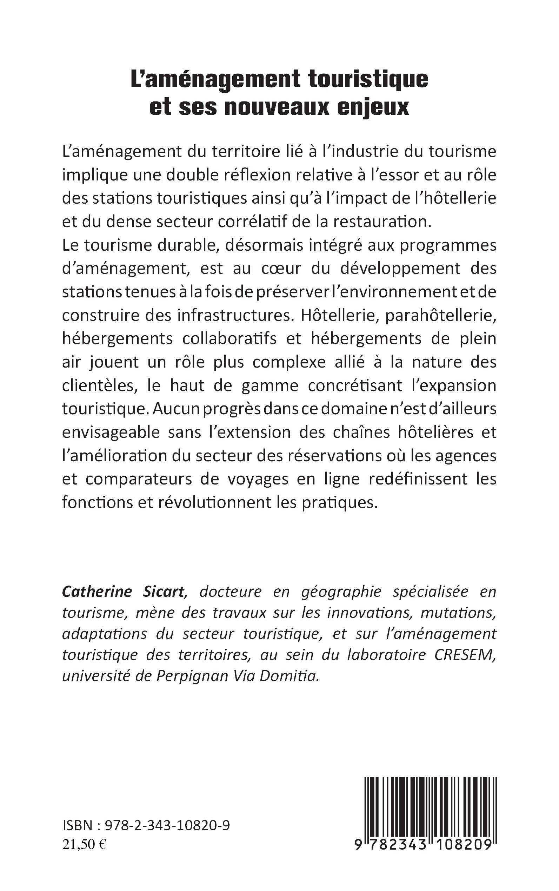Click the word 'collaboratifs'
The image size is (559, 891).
[229, 339]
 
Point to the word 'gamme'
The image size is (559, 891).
[269, 385]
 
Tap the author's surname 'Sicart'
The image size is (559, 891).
[163, 592]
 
